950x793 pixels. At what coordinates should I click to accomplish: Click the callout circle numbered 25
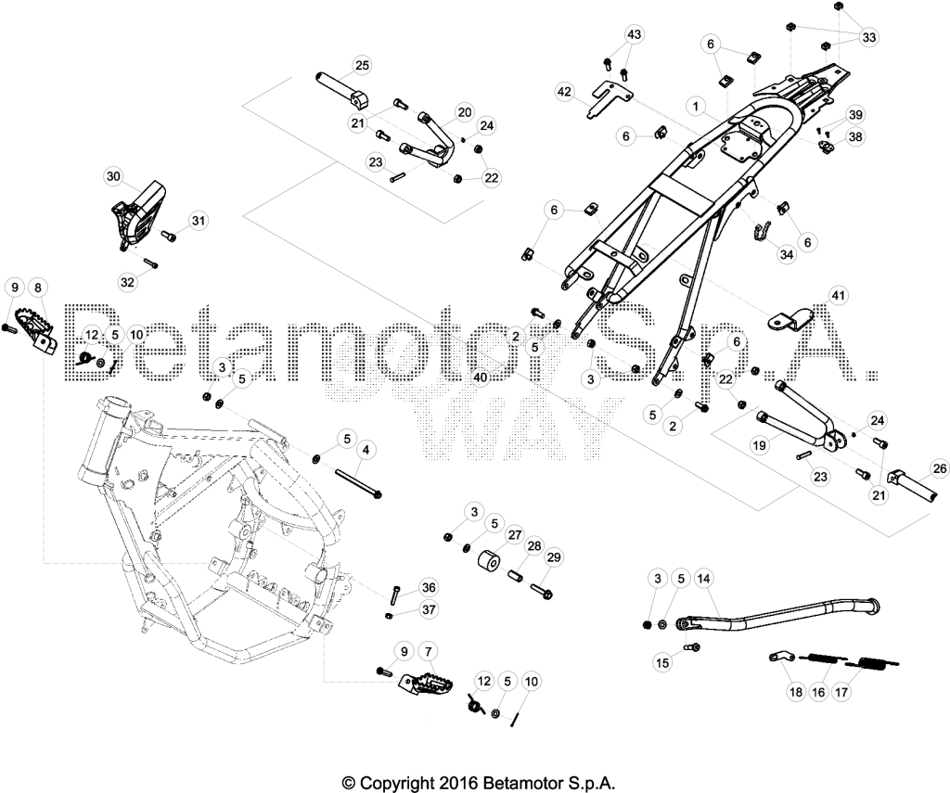362,65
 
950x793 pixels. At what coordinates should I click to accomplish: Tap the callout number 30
113,176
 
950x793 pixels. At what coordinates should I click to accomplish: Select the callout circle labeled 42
564,92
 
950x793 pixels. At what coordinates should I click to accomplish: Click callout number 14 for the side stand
703,579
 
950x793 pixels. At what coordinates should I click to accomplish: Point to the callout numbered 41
839,296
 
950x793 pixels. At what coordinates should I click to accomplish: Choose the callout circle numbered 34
787,255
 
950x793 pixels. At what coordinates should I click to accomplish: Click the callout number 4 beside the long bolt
366,450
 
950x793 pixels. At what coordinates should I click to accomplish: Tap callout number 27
515,535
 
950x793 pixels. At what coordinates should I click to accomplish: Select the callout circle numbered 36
429,588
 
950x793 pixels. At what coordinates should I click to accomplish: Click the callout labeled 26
940,468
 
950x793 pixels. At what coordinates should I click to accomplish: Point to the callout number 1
696,107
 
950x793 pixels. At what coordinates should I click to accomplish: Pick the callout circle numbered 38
855,137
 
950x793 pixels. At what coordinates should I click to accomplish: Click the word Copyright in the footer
393,782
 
